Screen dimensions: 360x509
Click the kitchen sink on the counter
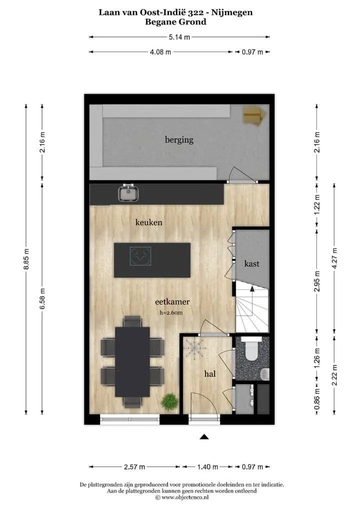pyautogui.click(x=129, y=193)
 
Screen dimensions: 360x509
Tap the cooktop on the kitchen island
pyautogui.click(x=140, y=256)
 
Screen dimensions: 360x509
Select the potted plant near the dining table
pyautogui.click(x=170, y=402)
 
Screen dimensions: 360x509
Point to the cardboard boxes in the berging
pyautogui.click(x=254, y=116)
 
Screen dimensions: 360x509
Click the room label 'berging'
pyautogui.click(x=179, y=140)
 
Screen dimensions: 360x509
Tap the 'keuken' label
pyautogui.click(x=148, y=222)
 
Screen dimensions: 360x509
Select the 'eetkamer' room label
pyautogui.click(x=172, y=301)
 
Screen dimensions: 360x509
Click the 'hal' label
pyautogui.click(x=210, y=373)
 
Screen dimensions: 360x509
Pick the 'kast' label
pyautogui.click(x=251, y=263)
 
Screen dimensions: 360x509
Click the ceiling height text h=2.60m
pyautogui.click(x=171, y=313)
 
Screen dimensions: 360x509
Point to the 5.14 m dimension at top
pyautogui.click(x=179, y=37)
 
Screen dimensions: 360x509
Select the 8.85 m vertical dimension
pyautogui.click(x=26, y=259)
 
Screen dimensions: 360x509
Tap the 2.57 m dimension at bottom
pyautogui.click(x=134, y=467)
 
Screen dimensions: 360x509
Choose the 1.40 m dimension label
pyautogui.click(x=208, y=467)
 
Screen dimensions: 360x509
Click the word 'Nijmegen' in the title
pyautogui.click(x=232, y=13)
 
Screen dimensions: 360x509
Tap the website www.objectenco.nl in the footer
pyautogui.click(x=185, y=497)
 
